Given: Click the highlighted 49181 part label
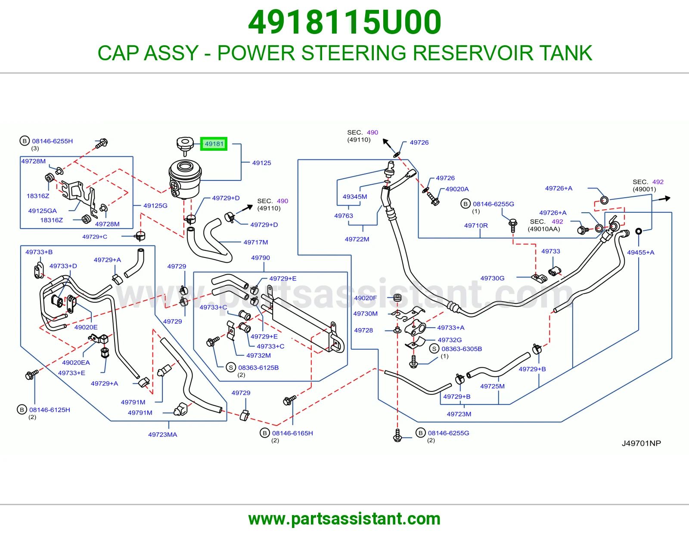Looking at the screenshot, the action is pos(214,144).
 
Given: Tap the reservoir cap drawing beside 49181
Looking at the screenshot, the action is pos(185,146).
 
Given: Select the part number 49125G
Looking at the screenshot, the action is pos(155,205).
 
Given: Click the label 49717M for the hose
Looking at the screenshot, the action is pos(255,242).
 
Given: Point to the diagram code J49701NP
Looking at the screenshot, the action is pos(641,443).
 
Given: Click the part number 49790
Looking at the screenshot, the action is pos(261,258).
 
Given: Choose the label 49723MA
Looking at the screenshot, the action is pos(163,435).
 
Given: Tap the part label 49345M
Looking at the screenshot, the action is pos(355,197).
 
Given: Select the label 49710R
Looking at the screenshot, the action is pos(476,226).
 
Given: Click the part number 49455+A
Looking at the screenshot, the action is pos(640,252).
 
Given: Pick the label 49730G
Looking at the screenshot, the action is pos(492,278).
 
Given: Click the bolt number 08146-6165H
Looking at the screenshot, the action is pos(292,433).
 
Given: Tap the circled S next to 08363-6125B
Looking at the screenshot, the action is pos(231,367).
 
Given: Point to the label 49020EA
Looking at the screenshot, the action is pos(76,363).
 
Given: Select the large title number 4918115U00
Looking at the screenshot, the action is pos(344,22).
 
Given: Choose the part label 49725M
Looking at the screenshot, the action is pos(492,386).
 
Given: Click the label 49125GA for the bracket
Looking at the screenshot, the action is pos(43,211).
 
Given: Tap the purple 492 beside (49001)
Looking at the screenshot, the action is pos(658,182).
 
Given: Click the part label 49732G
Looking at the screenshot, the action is pos(450,340).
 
